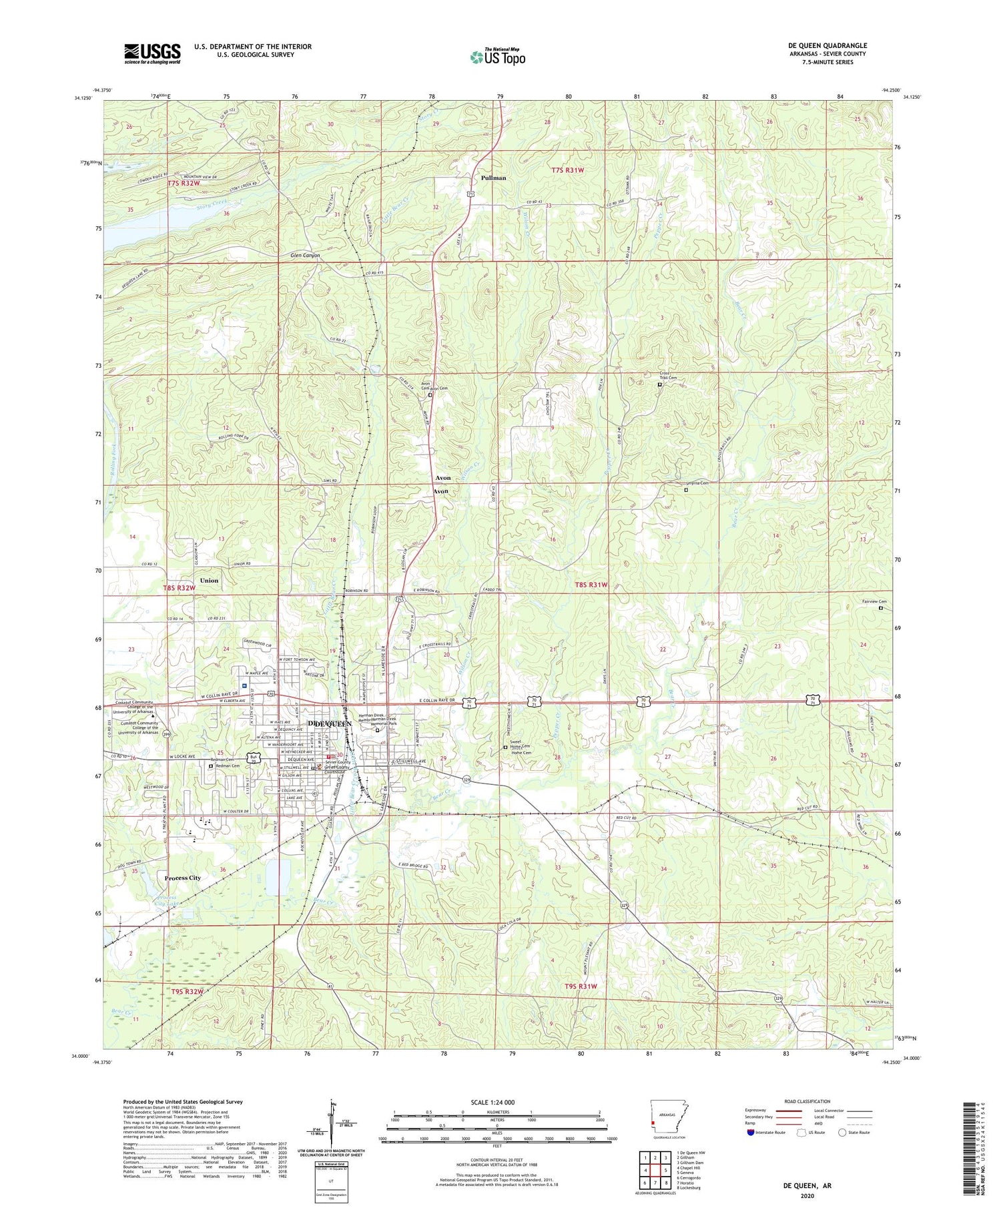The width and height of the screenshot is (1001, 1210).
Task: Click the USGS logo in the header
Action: pos(152,53)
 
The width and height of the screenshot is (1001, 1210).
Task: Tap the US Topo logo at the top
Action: pos(497,57)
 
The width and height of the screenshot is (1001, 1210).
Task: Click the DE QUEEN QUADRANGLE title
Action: pos(827,45)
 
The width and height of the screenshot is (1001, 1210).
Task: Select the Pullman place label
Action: pos(493,178)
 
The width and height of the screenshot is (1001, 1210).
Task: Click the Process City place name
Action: pos(182,878)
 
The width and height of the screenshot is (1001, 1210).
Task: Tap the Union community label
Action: pos(209,581)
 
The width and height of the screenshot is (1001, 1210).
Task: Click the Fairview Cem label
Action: pos(874,601)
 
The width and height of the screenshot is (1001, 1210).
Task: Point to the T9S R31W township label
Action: pos(581,986)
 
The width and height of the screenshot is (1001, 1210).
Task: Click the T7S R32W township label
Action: pos(184,183)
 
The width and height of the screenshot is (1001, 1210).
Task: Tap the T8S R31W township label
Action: pos(591,585)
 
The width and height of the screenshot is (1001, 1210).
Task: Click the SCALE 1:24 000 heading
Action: pos(492,1102)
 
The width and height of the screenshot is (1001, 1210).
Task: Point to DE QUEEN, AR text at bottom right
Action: pos(807,1185)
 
